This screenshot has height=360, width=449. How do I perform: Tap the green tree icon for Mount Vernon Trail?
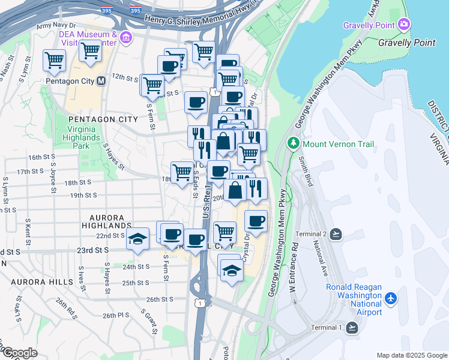tap(294, 144)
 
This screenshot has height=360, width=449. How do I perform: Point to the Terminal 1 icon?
tap(352, 327)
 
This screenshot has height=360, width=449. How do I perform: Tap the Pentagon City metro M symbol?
tap(101, 80)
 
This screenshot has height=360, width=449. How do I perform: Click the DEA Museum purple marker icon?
tap(125, 38)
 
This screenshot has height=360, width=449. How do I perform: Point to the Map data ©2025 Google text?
tap(412, 355)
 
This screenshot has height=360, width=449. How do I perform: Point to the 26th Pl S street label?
tap(116, 315)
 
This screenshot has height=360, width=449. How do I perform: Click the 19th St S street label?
tap(83, 196)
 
